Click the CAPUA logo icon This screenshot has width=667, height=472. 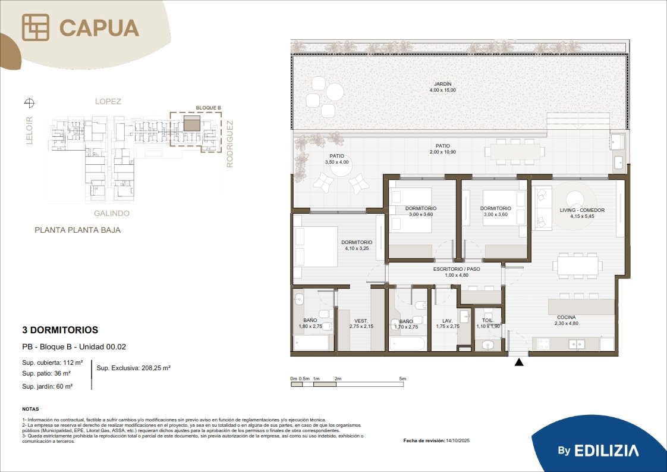(x=36, y=27)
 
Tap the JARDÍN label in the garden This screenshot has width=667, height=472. (x=442, y=84)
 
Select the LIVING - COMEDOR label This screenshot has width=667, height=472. (x=582, y=210)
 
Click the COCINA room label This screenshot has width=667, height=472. (x=566, y=317)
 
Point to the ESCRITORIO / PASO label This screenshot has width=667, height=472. (x=457, y=269)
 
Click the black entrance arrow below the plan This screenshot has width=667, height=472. (x=519, y=362)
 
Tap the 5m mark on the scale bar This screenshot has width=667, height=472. (x=402, y=379)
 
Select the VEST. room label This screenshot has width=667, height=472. (x=361, y=321)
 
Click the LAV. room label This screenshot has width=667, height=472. (x=447, y=321)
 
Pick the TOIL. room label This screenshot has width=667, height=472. (x=487, y=320)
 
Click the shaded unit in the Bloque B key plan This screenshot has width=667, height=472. (x=192, y=123)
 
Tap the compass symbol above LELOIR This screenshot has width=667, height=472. (x=29, y=102)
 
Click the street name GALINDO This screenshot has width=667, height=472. (x=111, y=214)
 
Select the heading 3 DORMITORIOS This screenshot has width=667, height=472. (x=60, y=330)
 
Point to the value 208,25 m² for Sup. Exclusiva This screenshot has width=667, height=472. (x=155, y=368)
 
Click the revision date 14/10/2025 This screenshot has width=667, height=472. (x=458, y=440)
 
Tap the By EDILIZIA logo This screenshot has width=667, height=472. (x=598, y=451)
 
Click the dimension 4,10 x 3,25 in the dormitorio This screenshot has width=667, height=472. (x=357, y=248)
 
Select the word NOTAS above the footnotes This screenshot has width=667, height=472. (x=31, y=409)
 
